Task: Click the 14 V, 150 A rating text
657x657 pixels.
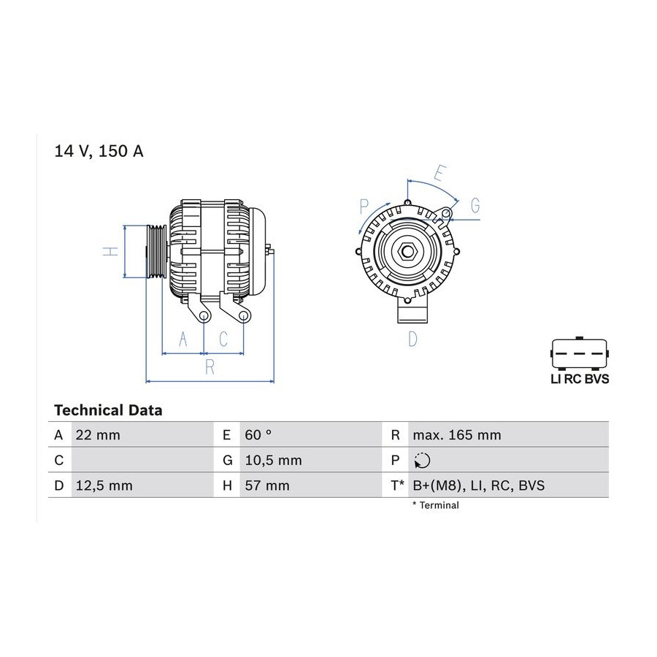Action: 99,151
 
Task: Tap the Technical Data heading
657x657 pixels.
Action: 108,410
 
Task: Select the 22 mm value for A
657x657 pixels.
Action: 98,435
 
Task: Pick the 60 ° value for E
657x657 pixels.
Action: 258,435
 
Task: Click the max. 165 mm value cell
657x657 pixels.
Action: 457,435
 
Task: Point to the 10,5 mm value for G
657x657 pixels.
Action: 273,460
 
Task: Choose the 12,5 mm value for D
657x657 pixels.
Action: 104,485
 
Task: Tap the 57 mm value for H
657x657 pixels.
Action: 267,485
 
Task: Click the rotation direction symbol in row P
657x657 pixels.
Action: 422,461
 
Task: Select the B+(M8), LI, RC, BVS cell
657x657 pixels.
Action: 478,485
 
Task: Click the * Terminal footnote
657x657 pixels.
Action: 435,505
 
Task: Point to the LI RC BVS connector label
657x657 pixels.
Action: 580,379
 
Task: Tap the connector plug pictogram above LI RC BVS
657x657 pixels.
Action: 580,353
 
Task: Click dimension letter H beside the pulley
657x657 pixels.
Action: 111,251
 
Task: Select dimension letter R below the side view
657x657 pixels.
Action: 210,367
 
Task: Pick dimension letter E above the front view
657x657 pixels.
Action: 440,172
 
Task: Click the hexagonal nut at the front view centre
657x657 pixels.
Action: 407,251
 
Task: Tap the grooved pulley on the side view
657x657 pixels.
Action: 156,251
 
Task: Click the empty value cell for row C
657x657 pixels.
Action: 142,460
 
